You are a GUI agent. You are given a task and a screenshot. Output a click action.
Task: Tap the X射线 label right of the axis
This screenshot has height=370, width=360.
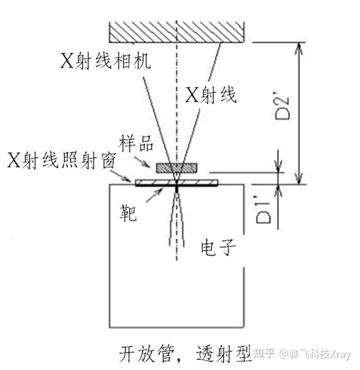pos(211,95)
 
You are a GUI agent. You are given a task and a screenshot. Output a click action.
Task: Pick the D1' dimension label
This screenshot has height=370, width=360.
pos(263,208)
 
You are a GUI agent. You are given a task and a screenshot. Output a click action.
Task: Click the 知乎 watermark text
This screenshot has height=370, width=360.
pos(264,355)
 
